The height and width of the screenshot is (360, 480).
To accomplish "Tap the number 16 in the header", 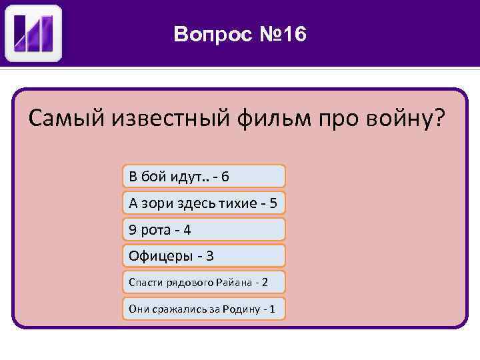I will pyautogui.click(x=293, y=34).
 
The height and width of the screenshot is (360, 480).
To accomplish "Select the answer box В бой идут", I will pyautogui.click(x=203, y=176).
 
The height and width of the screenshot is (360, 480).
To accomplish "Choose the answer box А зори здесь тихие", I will pyautogui.click(x=203, y=203).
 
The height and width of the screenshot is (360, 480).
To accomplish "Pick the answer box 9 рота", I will pyautogui.click(x=203, y=229).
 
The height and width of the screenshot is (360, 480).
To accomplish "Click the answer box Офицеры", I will pyautogui.click(x=203, y=255).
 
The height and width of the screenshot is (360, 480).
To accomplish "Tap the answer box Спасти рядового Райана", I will pyautogui.click(x=203, y=282).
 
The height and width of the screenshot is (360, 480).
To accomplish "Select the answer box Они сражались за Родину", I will pyautogui.click(x=203, y=309).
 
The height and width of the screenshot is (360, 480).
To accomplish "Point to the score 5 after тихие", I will pyautogui.click(x=273, y=203).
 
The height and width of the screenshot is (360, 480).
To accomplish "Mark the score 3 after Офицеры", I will pyautogui.click(x=210, y=255).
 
